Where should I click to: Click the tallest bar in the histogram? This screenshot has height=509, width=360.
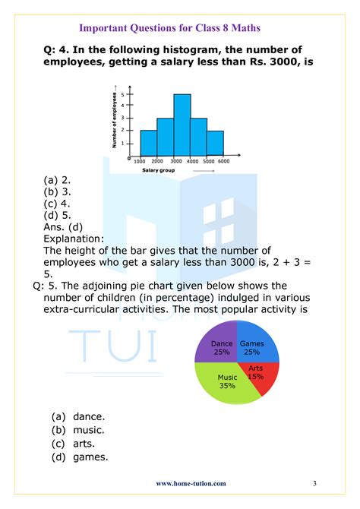(182, 125)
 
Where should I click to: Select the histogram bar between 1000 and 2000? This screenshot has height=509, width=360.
(148, 143)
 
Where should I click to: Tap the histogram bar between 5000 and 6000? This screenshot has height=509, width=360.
(216, 143)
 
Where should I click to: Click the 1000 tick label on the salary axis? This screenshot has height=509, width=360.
(139, 161)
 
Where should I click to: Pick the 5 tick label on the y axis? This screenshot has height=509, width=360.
(133, 94)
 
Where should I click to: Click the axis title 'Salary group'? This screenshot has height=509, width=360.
(159, 170)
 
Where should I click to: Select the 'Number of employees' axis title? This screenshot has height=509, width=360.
(115, 117)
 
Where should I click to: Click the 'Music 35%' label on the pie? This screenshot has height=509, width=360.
(227, 381)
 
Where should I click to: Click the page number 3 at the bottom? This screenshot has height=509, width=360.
(314, 483)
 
